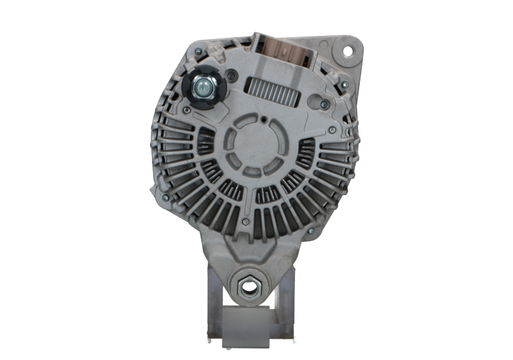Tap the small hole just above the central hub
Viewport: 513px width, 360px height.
tap(264, 119)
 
